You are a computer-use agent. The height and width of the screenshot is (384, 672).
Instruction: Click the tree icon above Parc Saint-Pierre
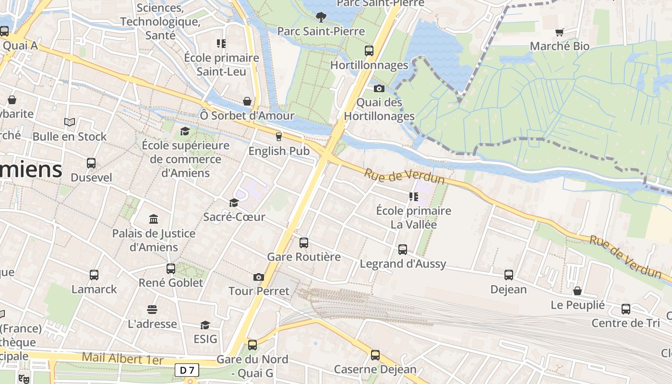click(x=321, y=17)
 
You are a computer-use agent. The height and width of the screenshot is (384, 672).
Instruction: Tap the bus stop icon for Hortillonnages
click(x=369, y=51)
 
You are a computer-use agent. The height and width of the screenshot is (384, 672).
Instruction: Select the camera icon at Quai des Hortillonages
click(x=379, y=88)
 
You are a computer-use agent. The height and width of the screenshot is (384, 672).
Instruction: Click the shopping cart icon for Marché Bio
click(x=559, y=32)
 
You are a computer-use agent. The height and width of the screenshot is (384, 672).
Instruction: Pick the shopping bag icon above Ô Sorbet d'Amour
click(x=247, y=101)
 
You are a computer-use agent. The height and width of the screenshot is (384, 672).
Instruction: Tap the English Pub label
click(x=278, y=151)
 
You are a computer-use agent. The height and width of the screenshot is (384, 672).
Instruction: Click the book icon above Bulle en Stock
click(x=70, y=122)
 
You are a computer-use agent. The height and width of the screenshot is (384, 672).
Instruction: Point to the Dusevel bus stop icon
click(x=91, y=163)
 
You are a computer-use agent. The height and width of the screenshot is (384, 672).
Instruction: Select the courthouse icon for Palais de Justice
click(x=154, y=219)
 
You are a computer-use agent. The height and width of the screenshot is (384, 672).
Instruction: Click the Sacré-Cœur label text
click(x=234, y=217)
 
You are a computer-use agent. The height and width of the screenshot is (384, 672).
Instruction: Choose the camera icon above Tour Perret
click(x=259, y=277)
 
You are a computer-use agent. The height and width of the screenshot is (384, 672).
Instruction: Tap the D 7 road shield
click(x=186, y=370)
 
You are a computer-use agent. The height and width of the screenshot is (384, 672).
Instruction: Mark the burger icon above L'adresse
click(x=152, y=310)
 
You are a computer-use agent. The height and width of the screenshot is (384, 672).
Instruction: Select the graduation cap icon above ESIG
click(x=205, y=325)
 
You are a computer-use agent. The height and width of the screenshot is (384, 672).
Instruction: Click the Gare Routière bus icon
click(x=304, y=243)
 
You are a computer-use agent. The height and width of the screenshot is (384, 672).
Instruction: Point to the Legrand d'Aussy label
click(x=403, y=264)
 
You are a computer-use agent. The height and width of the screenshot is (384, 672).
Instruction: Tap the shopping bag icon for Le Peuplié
click(x=577, y=291)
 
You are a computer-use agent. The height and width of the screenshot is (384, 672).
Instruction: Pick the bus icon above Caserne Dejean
click(x=375, y=355)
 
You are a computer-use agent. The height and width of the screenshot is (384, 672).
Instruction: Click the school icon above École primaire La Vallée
click(x=413, y=197)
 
